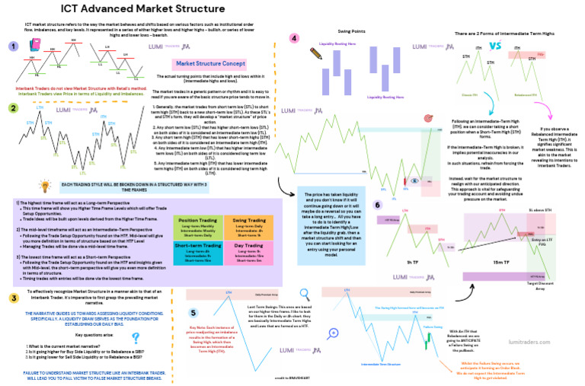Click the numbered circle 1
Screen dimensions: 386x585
pyautogui.click(x=12, y=47)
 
